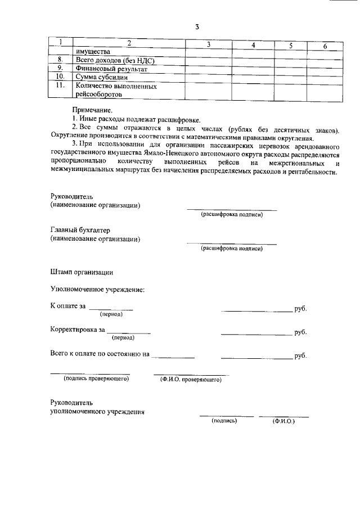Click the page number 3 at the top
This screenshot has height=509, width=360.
(x=197, y=26)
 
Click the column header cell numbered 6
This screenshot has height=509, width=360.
(x=325, y=45)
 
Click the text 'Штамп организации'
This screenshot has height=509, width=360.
(x=82, y=272)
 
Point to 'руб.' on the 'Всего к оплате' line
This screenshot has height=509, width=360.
(x=300, y=357)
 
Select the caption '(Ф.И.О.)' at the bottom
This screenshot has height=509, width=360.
(x=283, y=421)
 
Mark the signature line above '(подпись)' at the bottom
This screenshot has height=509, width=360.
(x=223, y=416)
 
